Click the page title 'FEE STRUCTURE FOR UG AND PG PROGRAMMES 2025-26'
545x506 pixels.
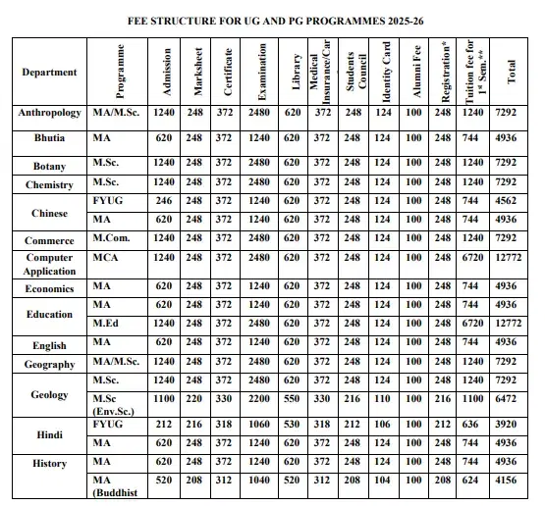pyautogui.click(x=272, y=20)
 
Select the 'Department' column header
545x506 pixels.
pyautogui.click(x=48, y=73)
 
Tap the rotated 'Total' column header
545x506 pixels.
pyautogui.click(x=511, y=73)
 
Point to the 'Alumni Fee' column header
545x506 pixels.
pyautogui.click(x=414, y=73)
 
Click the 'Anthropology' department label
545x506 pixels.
pyautogui.click(x=49, y=114)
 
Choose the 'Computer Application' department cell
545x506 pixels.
pyautogui.click(x=49, y=264)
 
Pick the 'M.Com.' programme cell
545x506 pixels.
pyautogui.click(x=112, y=238)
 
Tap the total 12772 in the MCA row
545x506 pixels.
pyautogui.click(x=506, y=258)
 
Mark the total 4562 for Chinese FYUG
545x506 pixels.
pyautogui.click(x=506, y=200)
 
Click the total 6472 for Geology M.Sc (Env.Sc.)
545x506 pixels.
pyautogui.click(x=506, y=400)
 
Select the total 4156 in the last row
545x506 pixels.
pyautogui.click(x=506, y=482)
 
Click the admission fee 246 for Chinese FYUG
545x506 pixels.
pyautogui.click(x=164, y=200)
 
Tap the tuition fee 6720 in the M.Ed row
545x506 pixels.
pyautogui.click(x=474, y=323)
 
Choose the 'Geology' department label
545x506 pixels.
pyautogui.click(x=49, y=394)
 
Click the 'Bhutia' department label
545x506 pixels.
pyautogui.click(x=49, y=139)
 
